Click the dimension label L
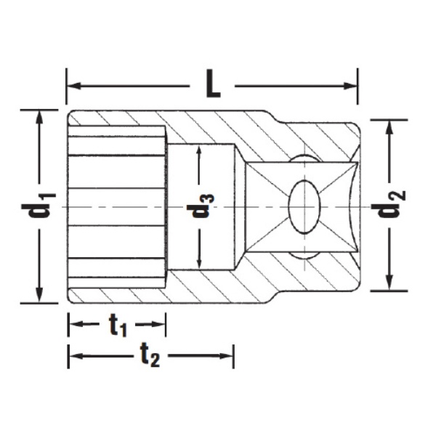coord(211,86)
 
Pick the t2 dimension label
coord(149,356)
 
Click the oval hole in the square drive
coord(303,206)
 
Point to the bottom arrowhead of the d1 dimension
coord(38,296)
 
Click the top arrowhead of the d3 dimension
coord(199,151)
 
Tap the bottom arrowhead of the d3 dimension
coord(199,262)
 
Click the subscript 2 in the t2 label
coord(155,360)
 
